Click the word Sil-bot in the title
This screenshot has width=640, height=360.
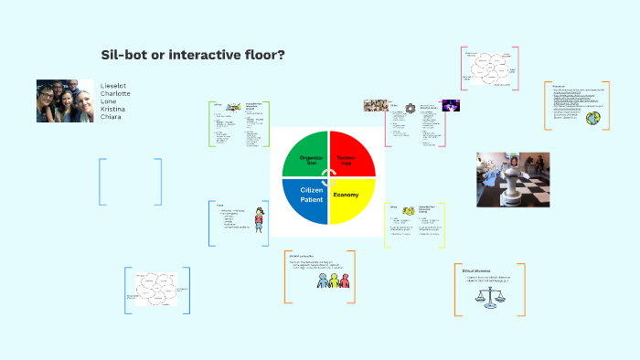pos(123,56)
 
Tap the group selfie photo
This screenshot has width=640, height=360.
pos(65,101)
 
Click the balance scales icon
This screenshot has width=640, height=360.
pos(495,296)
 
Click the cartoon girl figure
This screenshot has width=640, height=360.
pos(260,219)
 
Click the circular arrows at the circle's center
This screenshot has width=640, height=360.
pos(327,177)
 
